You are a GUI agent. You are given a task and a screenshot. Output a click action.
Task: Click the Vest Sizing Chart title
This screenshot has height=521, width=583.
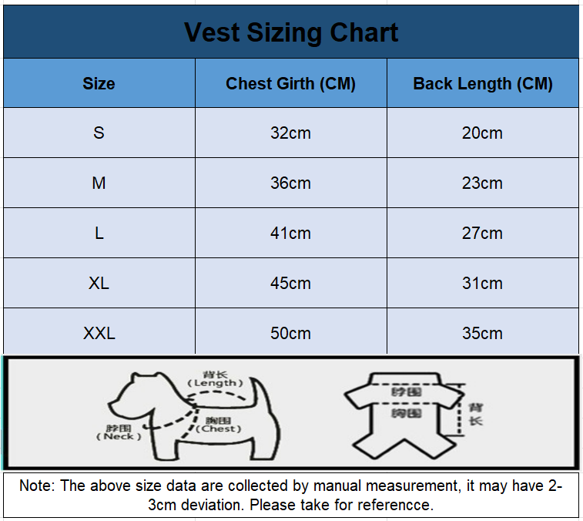point(291,32)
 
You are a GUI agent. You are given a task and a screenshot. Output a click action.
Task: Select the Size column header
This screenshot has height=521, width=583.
point(99,84)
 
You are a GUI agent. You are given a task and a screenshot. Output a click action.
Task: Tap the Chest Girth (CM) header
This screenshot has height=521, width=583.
point(290,84)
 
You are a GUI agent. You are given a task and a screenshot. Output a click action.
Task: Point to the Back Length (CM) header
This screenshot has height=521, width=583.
point(483,84)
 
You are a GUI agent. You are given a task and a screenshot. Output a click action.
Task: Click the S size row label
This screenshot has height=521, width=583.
point(99,133)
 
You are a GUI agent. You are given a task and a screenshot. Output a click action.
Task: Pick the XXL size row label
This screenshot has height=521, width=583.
point(99,333)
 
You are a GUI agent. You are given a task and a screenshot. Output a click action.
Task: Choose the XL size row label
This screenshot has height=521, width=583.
point(99,283)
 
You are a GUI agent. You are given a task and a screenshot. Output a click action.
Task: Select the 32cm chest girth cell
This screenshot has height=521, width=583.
point(290,133)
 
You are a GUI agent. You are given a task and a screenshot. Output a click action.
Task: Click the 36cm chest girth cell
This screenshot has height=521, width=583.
point(290,183)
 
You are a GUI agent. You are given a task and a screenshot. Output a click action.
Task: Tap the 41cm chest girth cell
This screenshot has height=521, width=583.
point(290,233)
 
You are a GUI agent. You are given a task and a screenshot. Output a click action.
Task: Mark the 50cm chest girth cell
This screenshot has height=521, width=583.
point(290,333)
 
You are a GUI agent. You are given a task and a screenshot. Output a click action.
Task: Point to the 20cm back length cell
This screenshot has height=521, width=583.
point(482,133)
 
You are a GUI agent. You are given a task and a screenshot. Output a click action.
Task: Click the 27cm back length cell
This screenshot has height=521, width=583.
point(482,233)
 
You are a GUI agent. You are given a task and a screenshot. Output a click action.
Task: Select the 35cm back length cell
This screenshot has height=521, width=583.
point(482,333)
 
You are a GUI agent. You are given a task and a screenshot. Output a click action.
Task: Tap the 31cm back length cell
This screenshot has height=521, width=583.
point(482,283)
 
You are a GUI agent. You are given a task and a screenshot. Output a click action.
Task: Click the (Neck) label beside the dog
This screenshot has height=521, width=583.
point(119,437)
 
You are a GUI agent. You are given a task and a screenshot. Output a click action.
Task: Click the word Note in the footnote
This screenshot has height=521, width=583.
point(35,486)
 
